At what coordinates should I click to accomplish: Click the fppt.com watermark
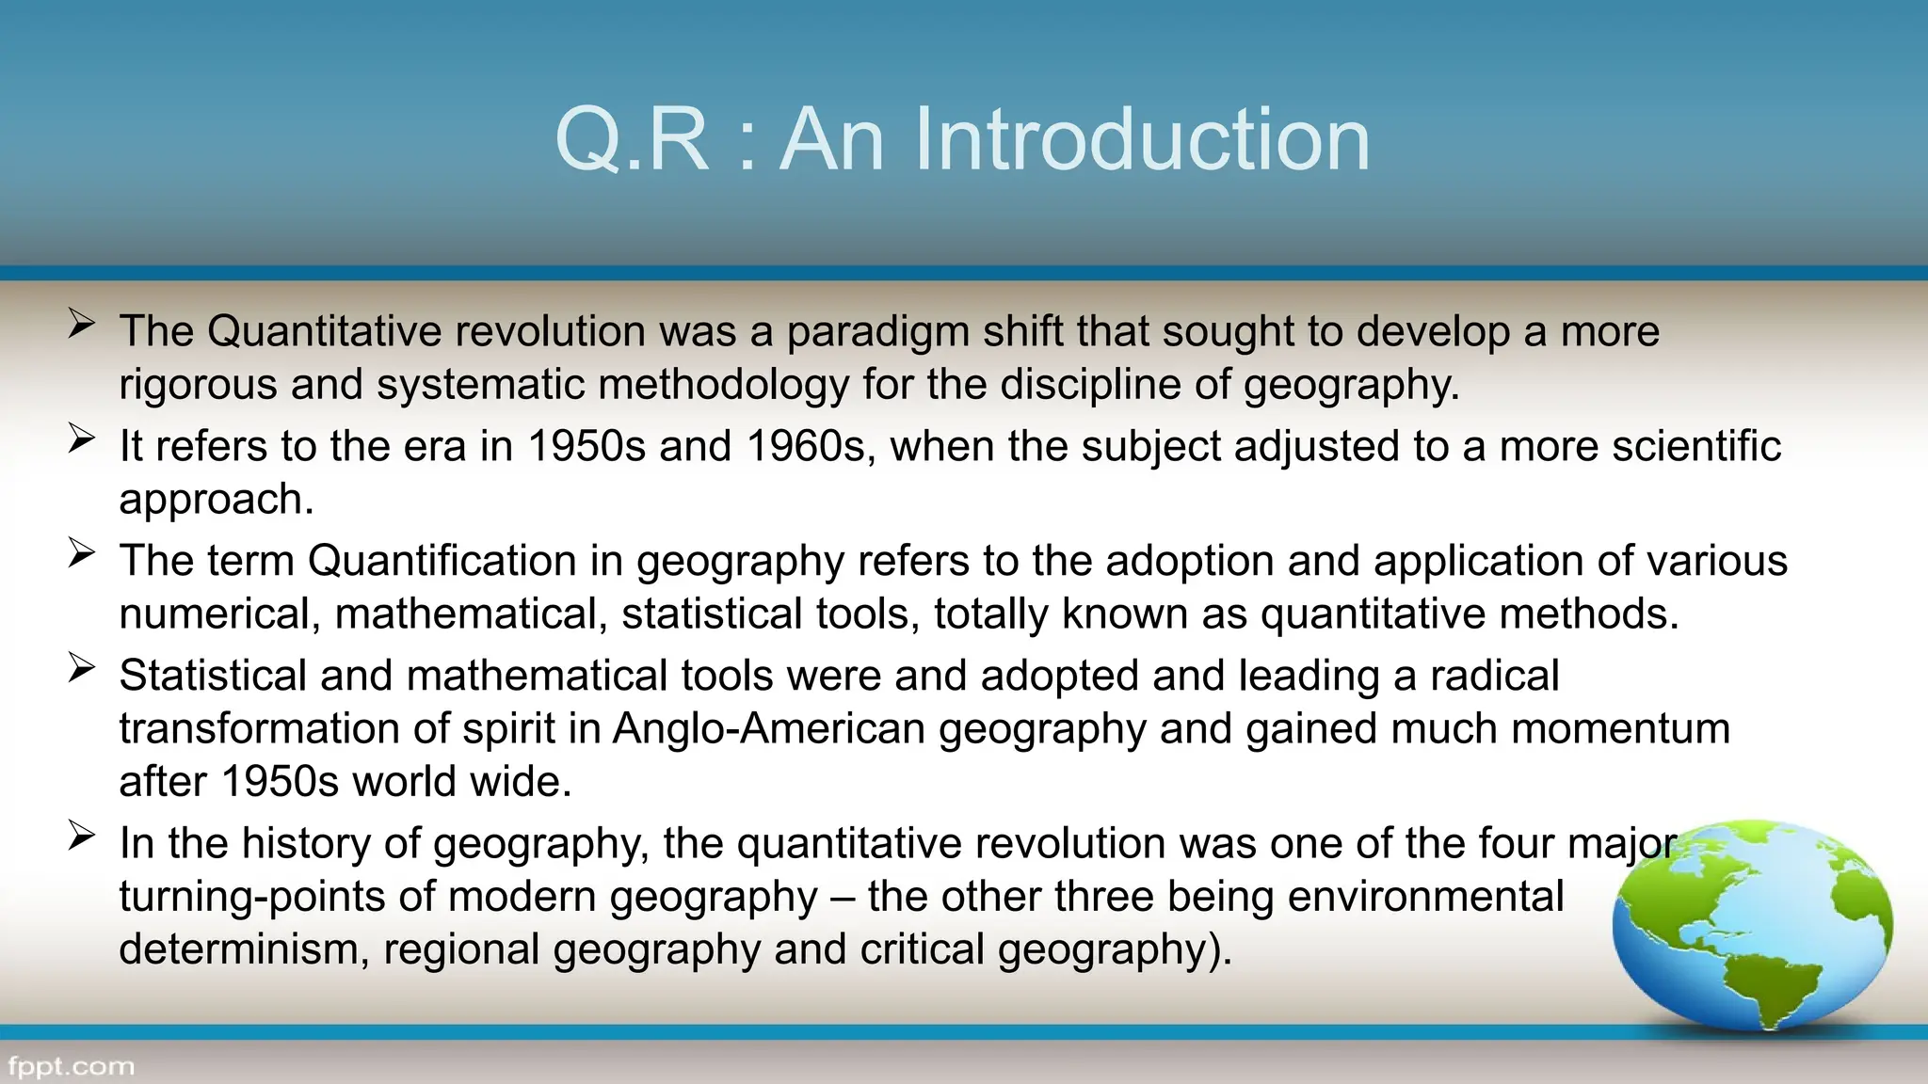pos(72,1067)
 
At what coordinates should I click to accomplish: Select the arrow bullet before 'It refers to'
pos(82,438)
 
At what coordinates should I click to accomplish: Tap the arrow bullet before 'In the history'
pos(82,836)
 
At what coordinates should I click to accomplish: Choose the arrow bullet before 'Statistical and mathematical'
pos(82,668)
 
